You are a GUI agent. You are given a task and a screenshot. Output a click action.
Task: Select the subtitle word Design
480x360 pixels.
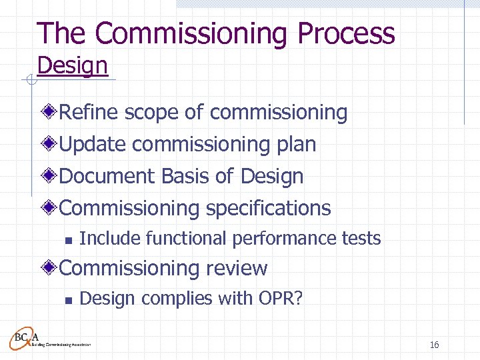[x=72, y=66]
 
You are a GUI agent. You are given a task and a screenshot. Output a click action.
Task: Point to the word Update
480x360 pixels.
[x=93, y=144]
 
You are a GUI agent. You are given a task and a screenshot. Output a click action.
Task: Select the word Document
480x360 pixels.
[x=108, y=176]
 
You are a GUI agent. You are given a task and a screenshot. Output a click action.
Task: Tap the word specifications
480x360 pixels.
[x=268, y=208]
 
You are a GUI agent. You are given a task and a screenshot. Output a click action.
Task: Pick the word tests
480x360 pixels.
[x=361, y=238]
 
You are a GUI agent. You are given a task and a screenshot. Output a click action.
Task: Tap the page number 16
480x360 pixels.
[x=434, y=345]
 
